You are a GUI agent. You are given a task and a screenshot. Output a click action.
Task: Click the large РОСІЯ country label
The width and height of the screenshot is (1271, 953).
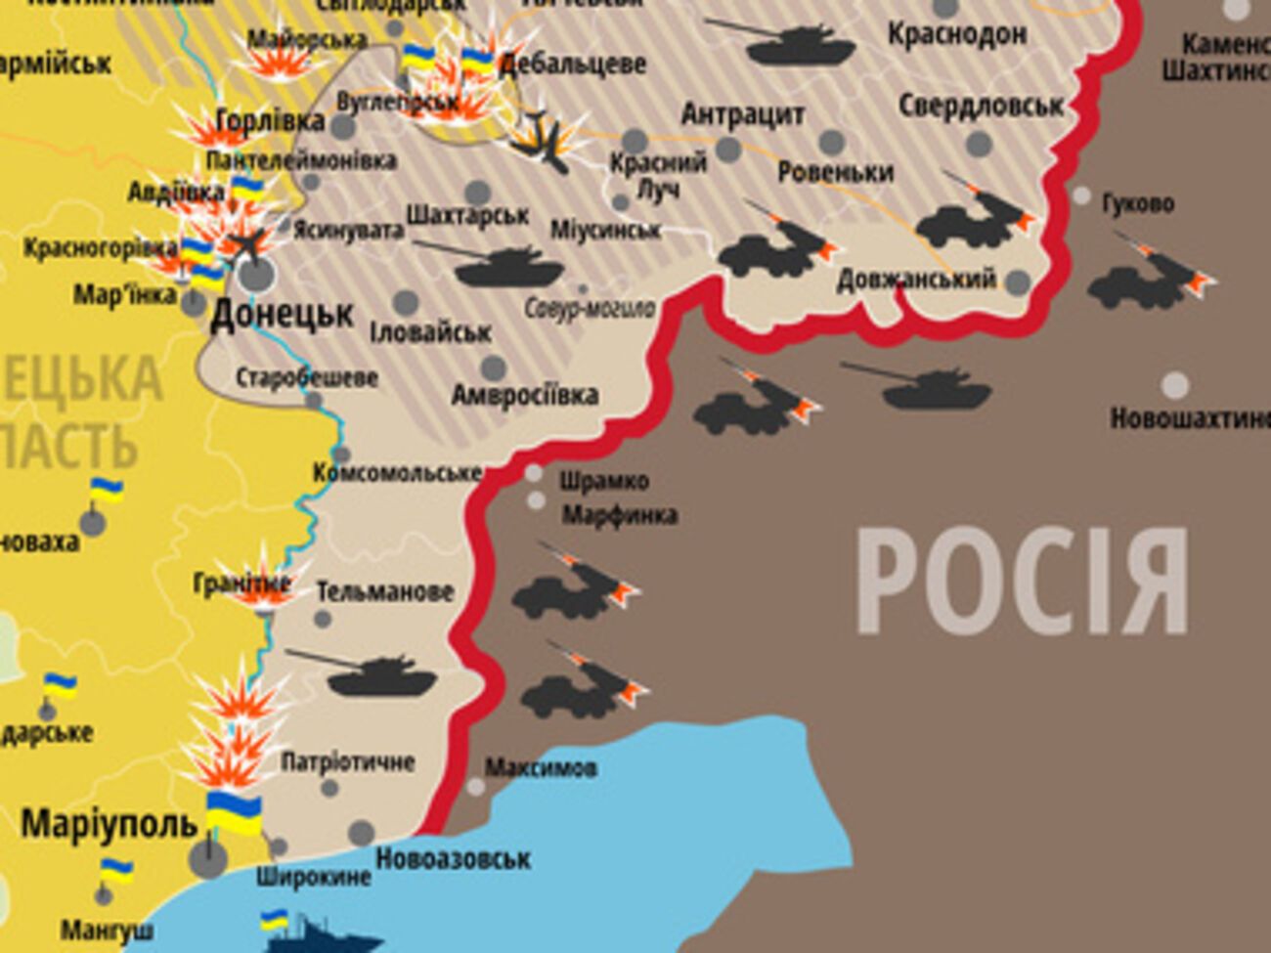[x=1022, y=582]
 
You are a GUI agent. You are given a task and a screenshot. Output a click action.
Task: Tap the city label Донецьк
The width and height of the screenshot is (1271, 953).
[x=282, y=315]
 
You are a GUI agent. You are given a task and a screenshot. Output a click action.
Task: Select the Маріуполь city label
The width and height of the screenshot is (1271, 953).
[x=110, y=824]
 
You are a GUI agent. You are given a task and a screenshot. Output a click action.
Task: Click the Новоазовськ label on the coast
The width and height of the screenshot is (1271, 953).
[x=453, y=859]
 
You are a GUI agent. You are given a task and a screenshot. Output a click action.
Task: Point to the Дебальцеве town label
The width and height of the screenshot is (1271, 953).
[x=572, y=65]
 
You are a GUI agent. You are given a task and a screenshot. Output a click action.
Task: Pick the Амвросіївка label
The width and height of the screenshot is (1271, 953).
[x=525, y=395]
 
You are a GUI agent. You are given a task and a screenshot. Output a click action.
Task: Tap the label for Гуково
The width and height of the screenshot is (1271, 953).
[x=1138, y=203]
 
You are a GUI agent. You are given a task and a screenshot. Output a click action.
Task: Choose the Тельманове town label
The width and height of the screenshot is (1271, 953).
[x=384, y=591]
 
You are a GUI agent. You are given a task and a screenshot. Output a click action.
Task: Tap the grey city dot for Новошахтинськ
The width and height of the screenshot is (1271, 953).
[x=1175, y=385]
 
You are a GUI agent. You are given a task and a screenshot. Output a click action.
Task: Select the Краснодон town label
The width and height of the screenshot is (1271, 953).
[x=956, y=34]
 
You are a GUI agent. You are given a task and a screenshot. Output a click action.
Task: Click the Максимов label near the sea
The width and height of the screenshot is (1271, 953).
[x=541, y=767]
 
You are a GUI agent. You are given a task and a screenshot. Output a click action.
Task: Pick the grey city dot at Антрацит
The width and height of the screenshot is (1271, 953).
[x=727, y=150]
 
